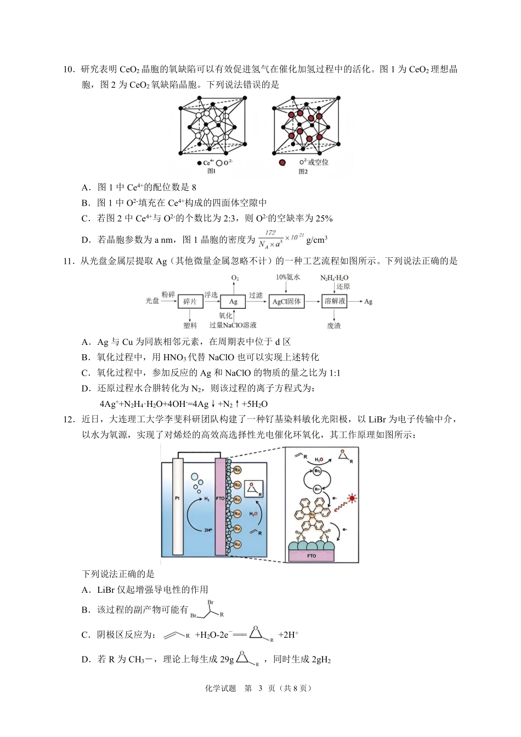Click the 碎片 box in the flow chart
[190, 302]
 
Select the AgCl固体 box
[286, 302]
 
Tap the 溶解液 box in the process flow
[335, 301]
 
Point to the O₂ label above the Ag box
[235, 278]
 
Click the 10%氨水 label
[288, 277]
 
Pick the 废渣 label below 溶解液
[334, 326]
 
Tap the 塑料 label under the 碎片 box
[190, 326]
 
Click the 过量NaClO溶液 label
[233, 325]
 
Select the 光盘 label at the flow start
[152, 301]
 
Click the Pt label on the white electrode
[177, 498]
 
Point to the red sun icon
[352, 498]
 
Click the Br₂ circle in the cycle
[317, 471]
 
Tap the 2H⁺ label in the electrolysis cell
[208, 530]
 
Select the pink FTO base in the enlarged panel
[312, 555]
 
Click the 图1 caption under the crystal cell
[212, 172]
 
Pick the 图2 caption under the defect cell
[303, 172]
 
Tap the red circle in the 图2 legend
[282, 163]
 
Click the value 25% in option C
[324, 218]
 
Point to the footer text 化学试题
[220, 688]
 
